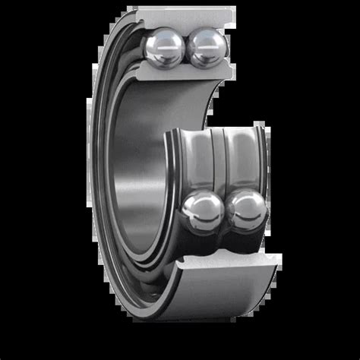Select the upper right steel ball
[206, 48]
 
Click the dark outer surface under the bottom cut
[213, 304]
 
